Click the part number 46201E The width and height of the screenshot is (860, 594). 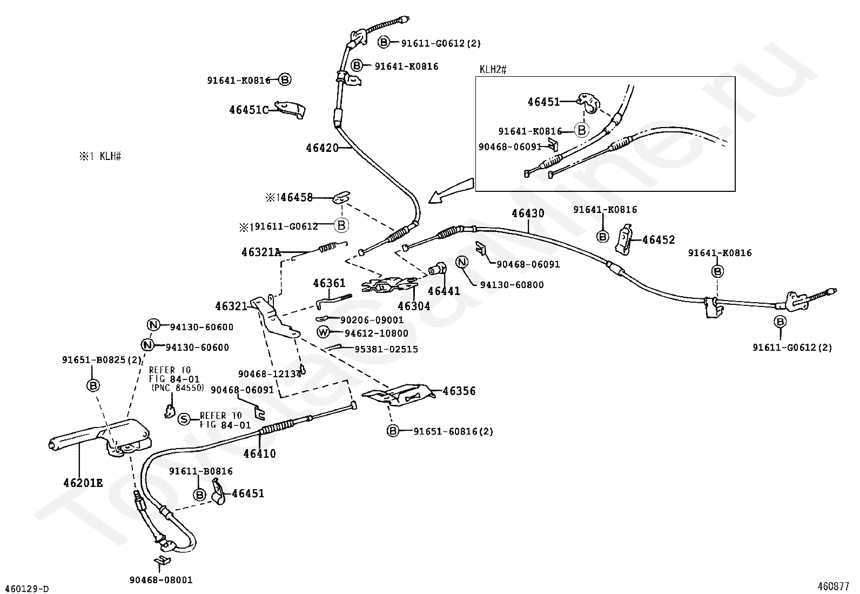(83, 483)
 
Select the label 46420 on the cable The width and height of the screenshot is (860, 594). (322, 148)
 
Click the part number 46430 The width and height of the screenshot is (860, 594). (528, 213)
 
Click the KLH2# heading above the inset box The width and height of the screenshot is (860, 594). (493, 70)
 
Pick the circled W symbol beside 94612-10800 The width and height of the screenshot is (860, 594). (323, 332)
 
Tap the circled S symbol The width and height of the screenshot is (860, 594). (184, 419)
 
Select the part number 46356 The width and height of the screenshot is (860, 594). (459, 391)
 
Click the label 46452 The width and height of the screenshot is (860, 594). (659, 240)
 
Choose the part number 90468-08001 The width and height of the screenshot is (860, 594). (161, 580)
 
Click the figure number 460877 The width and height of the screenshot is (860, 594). (833, 586)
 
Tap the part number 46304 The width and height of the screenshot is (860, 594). (414, 306)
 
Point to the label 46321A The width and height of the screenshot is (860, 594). (261, 252)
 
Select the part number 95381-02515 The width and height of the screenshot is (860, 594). (386, 349)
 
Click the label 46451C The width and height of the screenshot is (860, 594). (249, 110)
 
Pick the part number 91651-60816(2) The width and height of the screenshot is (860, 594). (453, 431)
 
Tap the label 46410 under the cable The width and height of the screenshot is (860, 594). (259, 454)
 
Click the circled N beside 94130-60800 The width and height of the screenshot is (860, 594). (462, 262)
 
